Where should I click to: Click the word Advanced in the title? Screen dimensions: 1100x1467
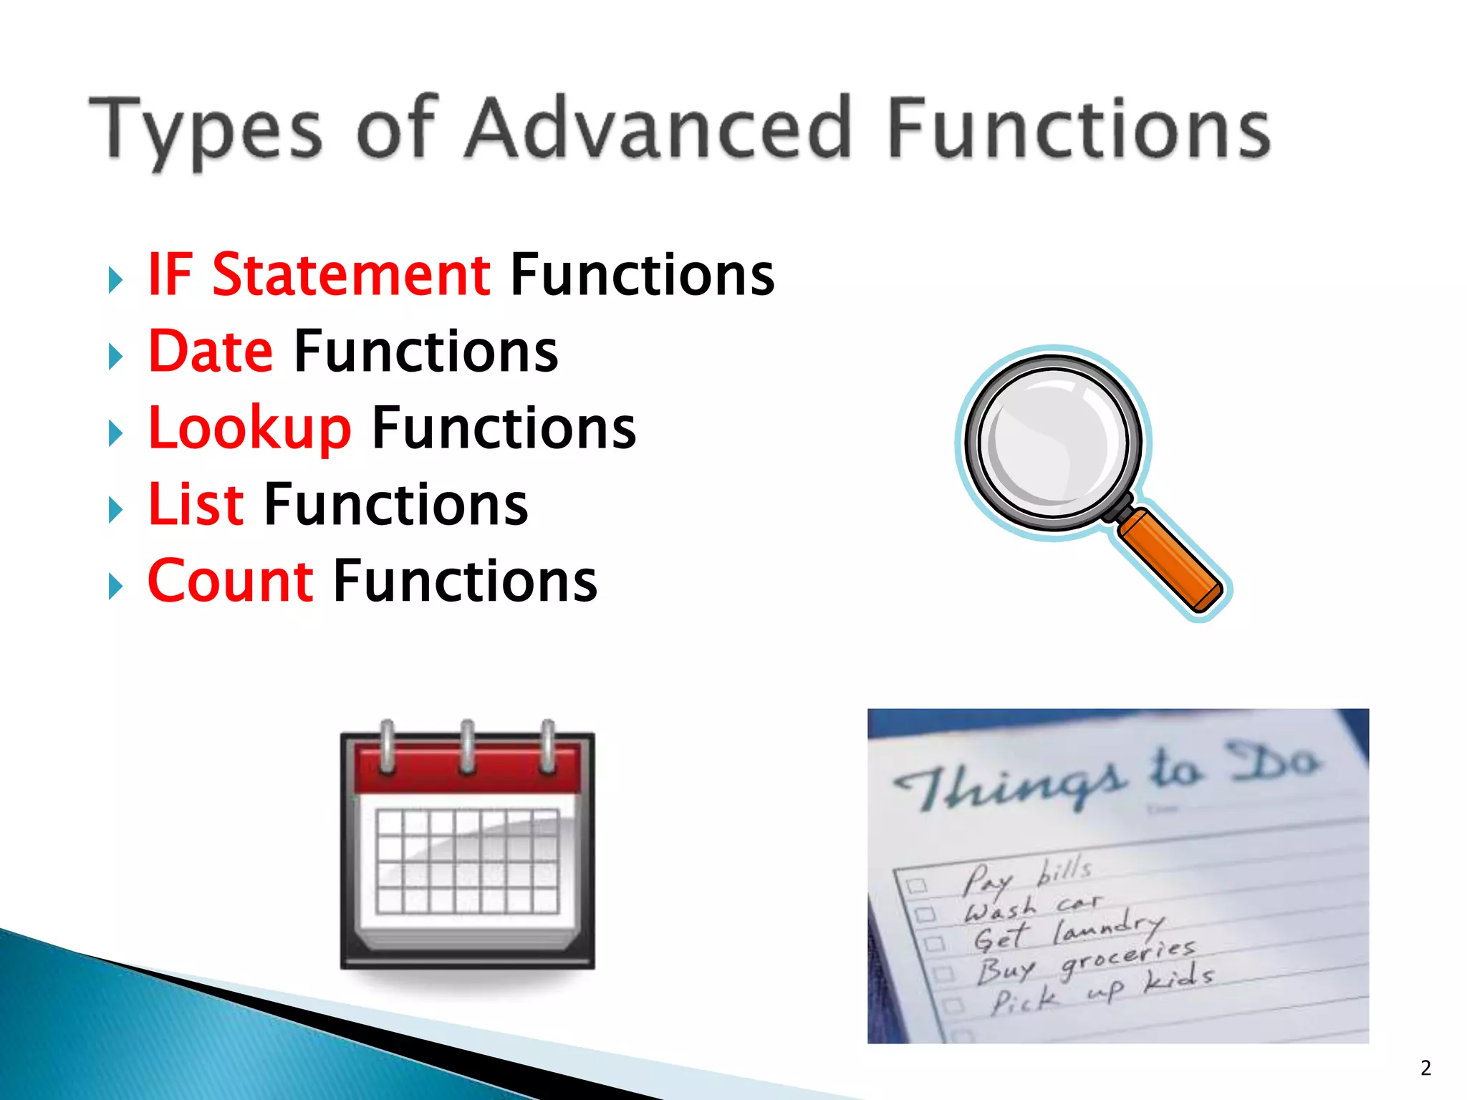click(x=658, y=129)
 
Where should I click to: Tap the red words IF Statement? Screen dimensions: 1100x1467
click(x=319, y=275)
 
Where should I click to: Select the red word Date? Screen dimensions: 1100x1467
click(x=211, y=352)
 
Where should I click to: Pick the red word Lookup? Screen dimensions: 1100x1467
click(x=249, y=428)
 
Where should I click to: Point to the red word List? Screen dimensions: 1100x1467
click(x=196, y=505)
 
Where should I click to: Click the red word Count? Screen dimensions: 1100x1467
click(x=230, y=581)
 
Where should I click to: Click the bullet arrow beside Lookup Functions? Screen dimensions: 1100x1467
click(x=115, y=433)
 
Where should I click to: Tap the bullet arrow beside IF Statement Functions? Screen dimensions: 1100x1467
click(x=115, y=280)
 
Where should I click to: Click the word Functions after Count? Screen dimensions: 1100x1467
click(x=465, y=581)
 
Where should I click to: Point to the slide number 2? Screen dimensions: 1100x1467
click(x=1425, y=1068)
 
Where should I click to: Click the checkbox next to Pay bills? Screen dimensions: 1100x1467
click(x=915, y=885)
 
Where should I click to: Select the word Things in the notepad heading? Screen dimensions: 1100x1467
click(x=1010, y=784)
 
